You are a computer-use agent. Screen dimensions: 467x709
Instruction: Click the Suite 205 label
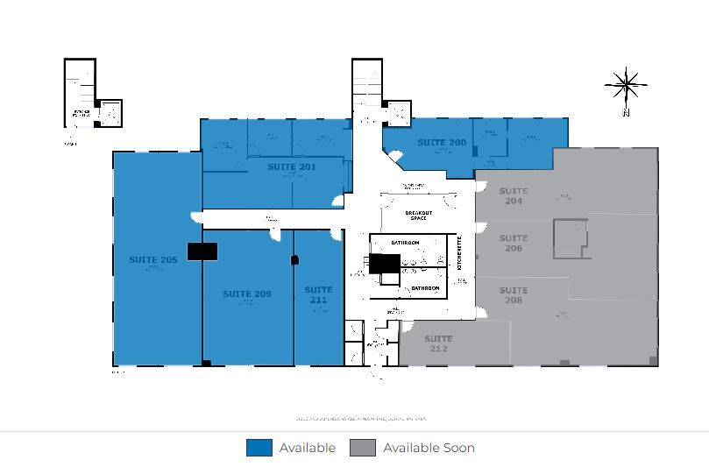click(153, 260)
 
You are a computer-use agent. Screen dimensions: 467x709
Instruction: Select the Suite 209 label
click(247, 294)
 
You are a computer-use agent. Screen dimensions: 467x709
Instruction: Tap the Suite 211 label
click(318, 294)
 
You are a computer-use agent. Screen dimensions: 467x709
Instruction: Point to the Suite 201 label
click(292, 166)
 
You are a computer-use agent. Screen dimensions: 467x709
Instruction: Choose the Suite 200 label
click(442, 142)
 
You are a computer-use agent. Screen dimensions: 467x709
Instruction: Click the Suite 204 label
click(514, 195)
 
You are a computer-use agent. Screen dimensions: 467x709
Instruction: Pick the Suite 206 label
click(514, 243)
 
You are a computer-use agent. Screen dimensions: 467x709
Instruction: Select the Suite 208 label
click(514, 295)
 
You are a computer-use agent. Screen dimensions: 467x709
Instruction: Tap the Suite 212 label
click(439, 343)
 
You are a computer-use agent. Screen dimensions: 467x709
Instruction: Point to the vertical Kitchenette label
click(459, 253)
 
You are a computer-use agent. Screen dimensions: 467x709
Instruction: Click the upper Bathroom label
click(404, 243)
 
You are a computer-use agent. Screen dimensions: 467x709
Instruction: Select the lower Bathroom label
click(425, 288)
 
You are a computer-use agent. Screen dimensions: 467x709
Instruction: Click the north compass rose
click(626, 86)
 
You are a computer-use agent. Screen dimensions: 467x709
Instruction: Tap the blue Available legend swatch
click(259, 448)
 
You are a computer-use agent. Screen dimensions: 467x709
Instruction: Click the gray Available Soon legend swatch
click(362, 448)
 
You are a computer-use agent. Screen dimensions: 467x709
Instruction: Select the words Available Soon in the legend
click(429, 448)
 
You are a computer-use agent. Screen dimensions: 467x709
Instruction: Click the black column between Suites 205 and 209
click(202, 251)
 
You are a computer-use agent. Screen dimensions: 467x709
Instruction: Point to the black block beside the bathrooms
click(384, 263)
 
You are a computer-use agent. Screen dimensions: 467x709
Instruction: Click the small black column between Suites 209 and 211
click(294, 259)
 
